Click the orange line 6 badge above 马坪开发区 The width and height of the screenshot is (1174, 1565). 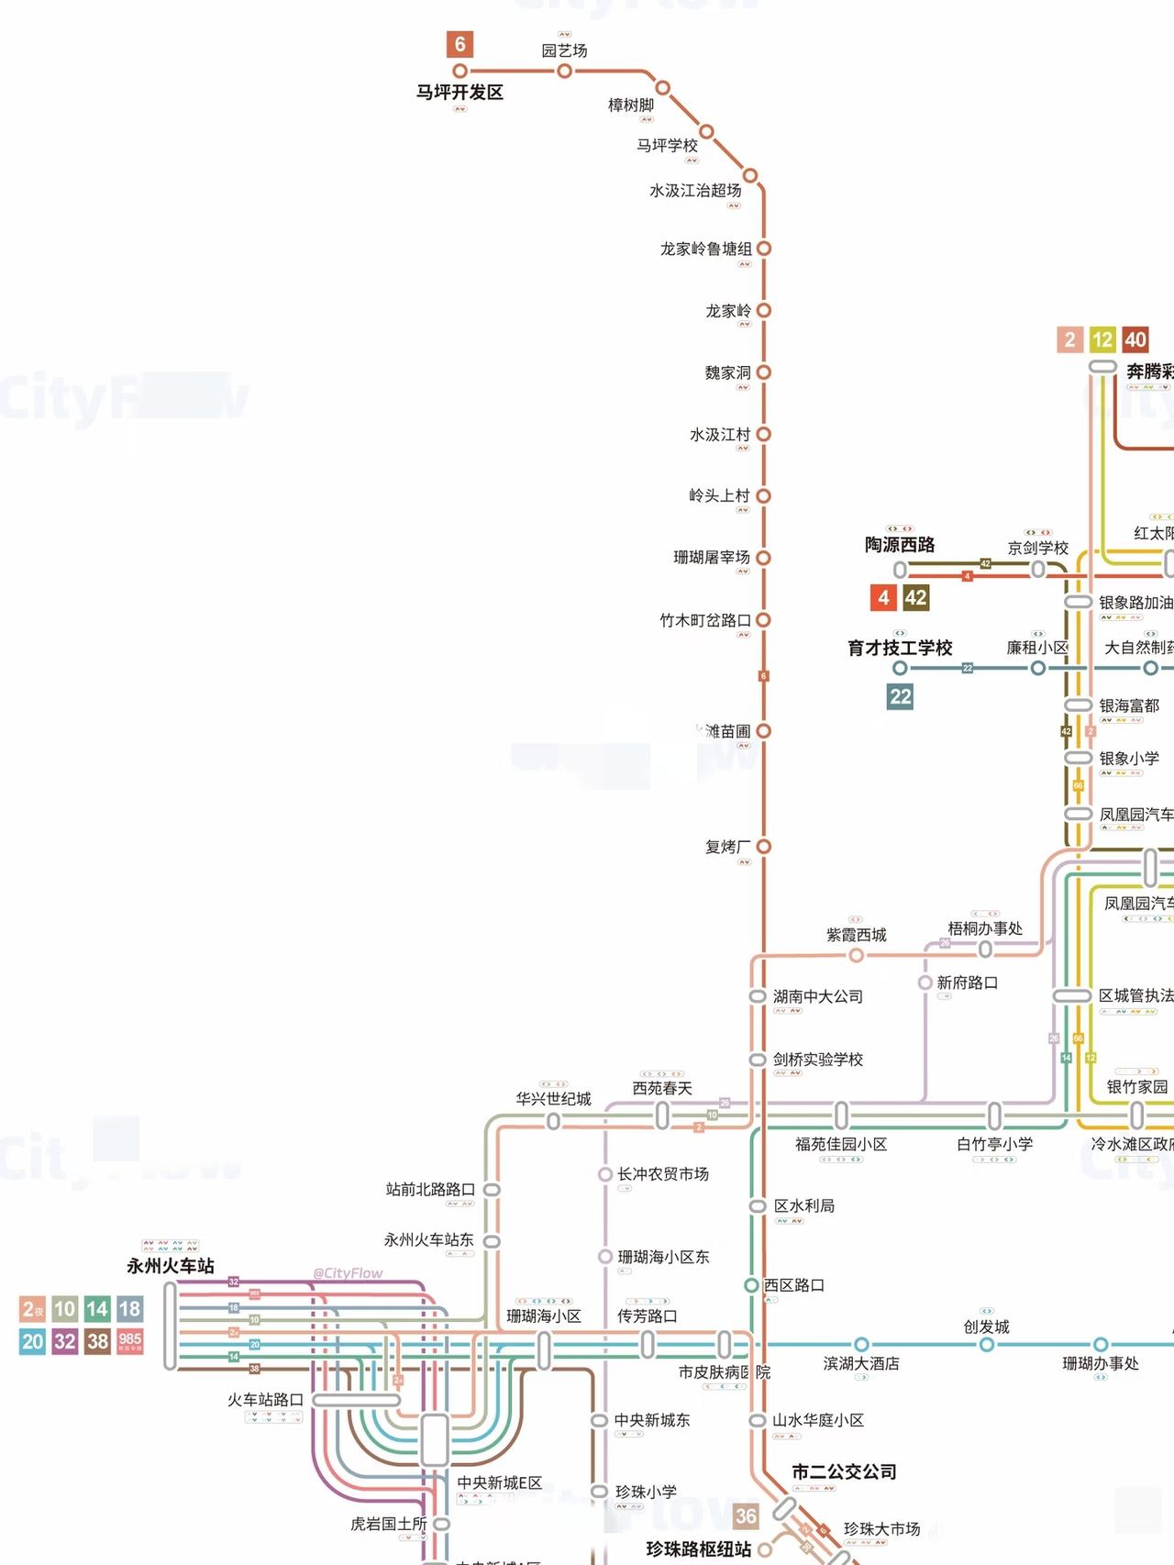pyautogui.click(x=460, y=44)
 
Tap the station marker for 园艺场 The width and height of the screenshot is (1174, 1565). pyautogui.click(x=565, y=71)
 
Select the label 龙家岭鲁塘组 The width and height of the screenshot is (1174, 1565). pyautogui.click(x=705, y=249)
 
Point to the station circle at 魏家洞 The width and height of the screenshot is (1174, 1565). pyautogui.click(x=763, y=372)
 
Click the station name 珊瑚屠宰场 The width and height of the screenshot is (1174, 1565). pyautogui.click(x=711, y=558)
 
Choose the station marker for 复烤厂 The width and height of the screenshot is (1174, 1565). pyautogui.click(x=763, y=847)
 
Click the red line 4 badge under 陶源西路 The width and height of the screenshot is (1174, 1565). pyautogui.click(x=883, y=598)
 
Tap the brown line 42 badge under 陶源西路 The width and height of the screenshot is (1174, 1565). pyautogui.click(x=915, y=598)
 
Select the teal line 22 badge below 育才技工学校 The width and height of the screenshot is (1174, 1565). pyautogui.click(x=900, y=697)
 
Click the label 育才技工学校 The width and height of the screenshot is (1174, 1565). pyautogui.click(x=900, y=648)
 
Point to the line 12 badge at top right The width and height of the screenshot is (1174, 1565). pyautogui.click(x=1102, y=340)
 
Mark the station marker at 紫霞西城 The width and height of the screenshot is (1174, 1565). pyautogui.click(x=856, y=956)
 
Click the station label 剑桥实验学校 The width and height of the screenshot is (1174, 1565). pyautogui.click(x=817, y=1060)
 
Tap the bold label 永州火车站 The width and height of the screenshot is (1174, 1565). pyautogui.click(x=171, y=1266)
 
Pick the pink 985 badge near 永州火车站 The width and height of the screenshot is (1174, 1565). pyautogui.click(x=130, y=1342)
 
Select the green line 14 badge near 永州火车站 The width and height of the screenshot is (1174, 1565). pyautogui.click(x=97, y=1309)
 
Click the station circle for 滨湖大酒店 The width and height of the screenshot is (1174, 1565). pyautogui.click(x=861, y=1345)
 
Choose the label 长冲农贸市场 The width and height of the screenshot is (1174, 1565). pyautogui.click(x=662, y=1174)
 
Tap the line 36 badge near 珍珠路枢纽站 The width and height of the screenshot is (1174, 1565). pyautogui.click(x=746, y=1516)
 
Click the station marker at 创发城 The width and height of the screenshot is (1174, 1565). pyautogui.click(x=986, y=1345)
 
